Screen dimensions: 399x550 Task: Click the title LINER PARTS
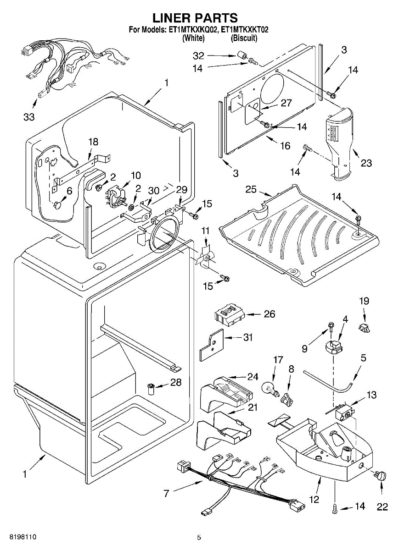pyautogui.click(x=195, y=18)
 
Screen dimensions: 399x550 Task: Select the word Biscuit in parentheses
pyautogui.click(x=244, y=38)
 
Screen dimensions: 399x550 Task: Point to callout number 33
pyautogui.click(x=29, y=117)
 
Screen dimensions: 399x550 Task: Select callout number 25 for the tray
pyautogui.click(x=251, y=189)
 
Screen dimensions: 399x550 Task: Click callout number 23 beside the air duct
pyautogui.click(x=366, y=163)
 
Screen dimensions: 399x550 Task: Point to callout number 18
pyautogui.click(x=93, y=142)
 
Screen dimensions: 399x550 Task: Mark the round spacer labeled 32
pyautogui.click(x=242, y=56)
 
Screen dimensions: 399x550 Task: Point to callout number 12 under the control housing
pyautogui.click(x=315, y=499)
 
